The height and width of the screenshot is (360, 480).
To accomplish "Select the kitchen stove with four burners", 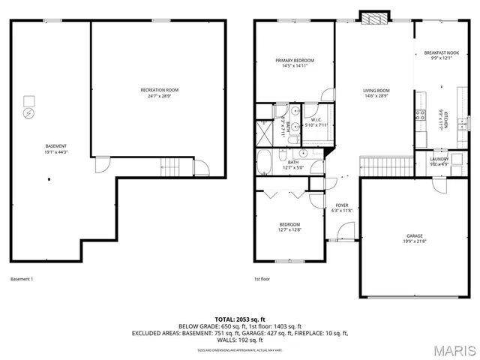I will (419, 115).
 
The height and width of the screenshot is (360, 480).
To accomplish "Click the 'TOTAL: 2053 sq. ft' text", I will (240, 320).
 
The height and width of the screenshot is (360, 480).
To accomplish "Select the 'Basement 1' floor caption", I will (22, 280).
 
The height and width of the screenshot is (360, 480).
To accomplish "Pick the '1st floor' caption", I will (262, 280).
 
